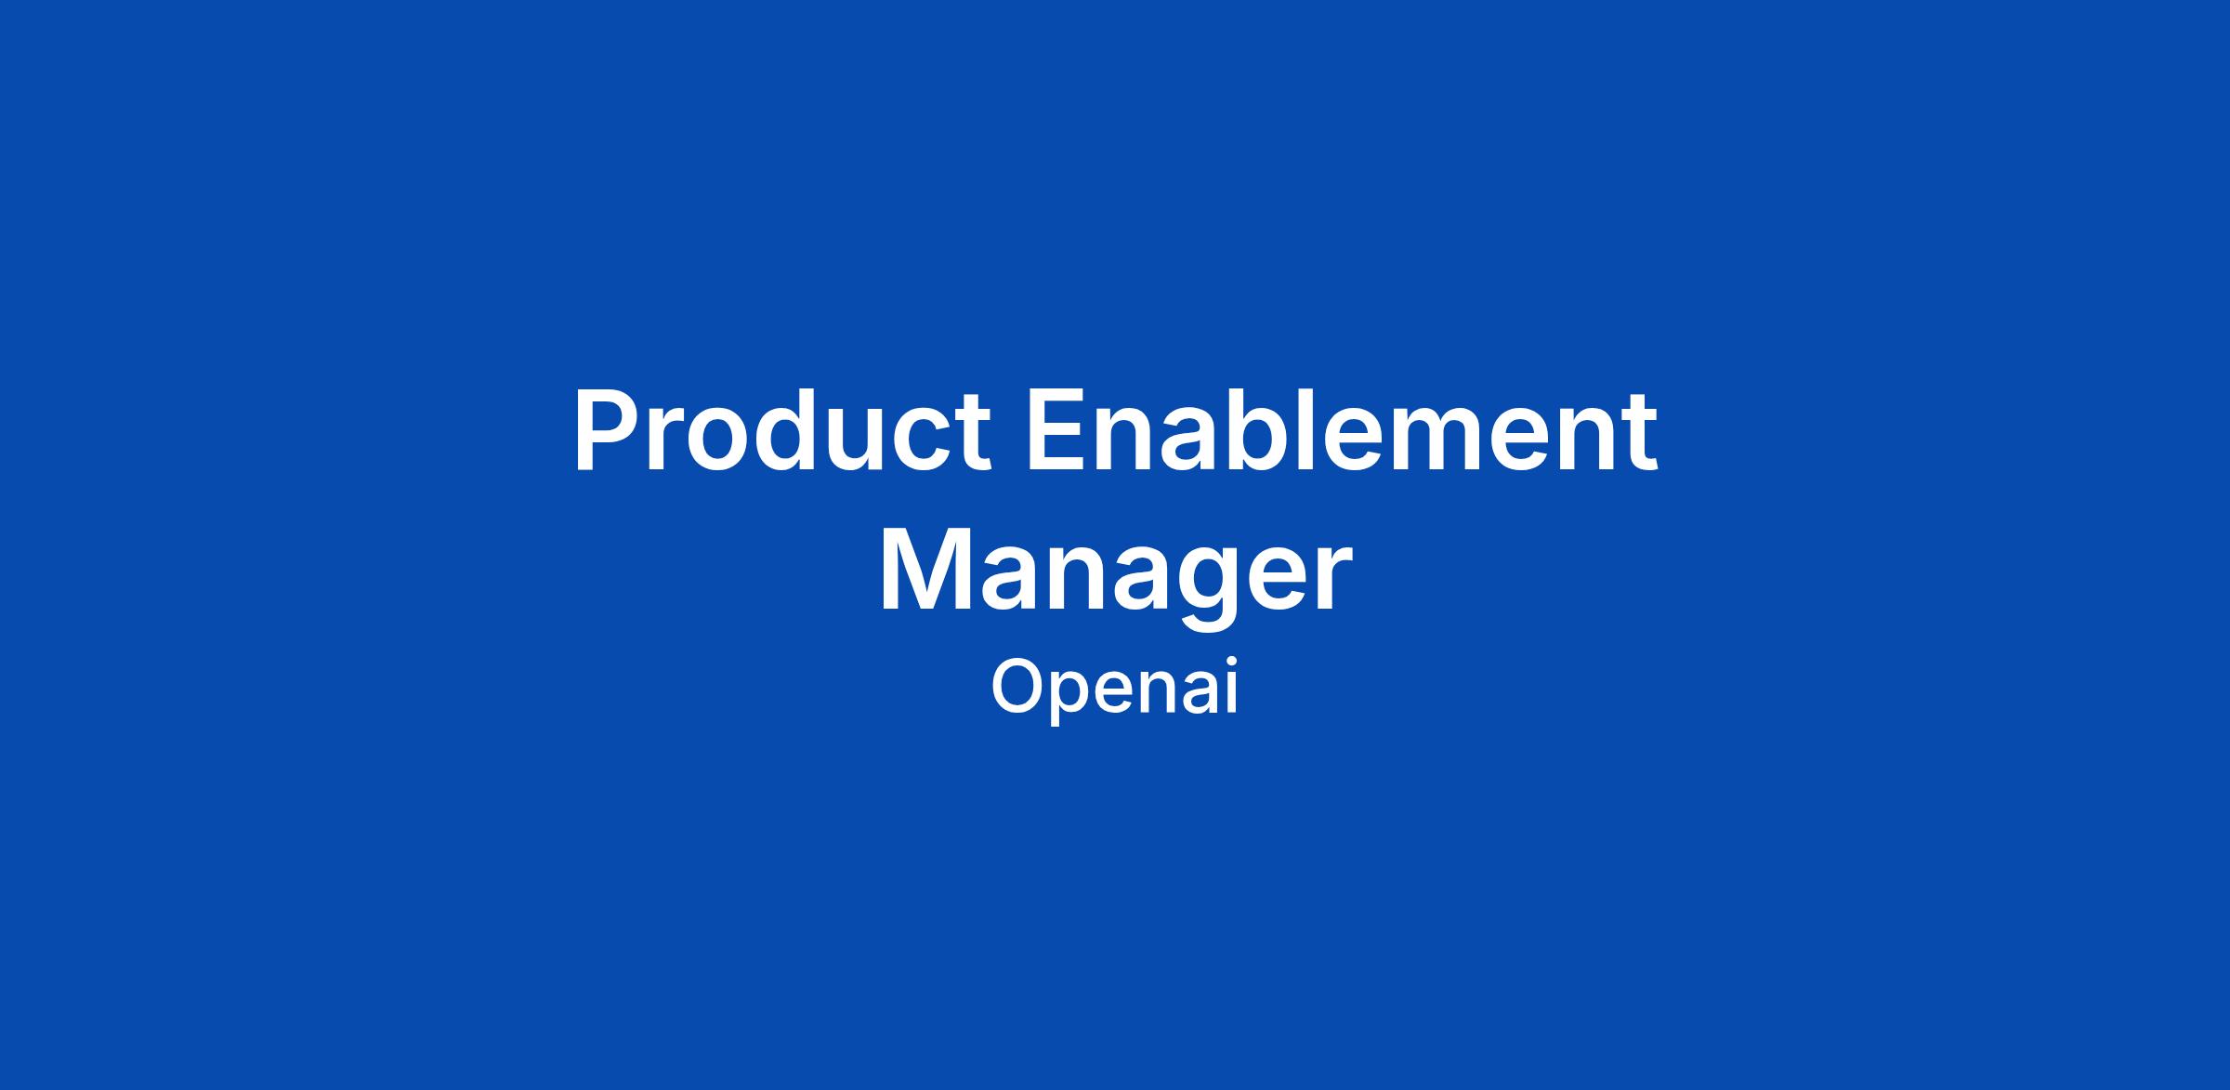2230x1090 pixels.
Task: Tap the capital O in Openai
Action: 1019,686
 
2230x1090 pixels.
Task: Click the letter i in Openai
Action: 1231,687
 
